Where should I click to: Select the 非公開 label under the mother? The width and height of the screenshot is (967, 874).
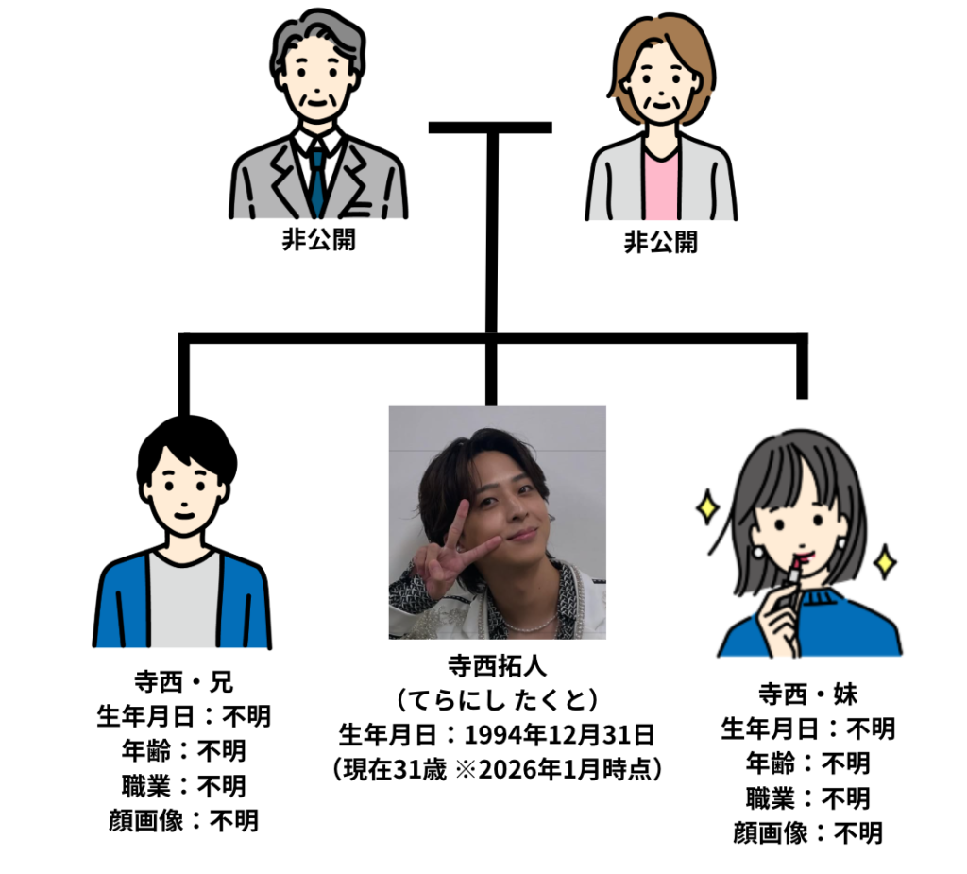(x=660, y=242)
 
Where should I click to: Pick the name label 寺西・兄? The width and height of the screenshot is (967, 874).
(x=183, y=681)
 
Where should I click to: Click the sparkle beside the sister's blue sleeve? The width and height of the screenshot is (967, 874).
(x=885, y=563)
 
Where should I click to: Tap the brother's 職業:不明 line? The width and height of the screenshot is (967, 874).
(x=183, y=785)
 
